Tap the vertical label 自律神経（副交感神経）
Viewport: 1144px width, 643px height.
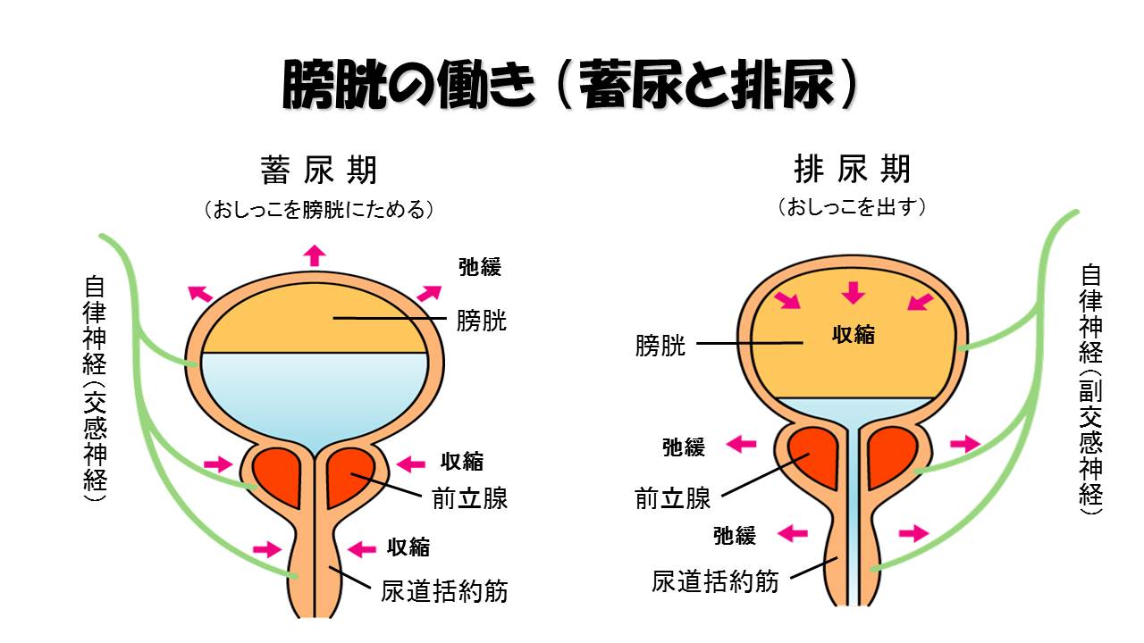[1090, 388]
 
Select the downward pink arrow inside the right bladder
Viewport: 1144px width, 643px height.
[854, 292]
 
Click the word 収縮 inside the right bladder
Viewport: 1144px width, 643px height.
[854, 335]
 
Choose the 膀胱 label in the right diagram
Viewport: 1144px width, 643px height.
[660, 347]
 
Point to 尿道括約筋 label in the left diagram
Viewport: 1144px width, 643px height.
[444, 591]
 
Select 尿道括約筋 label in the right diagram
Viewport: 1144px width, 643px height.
[715, 582]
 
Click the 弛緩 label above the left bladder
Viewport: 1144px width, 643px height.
[480, 266]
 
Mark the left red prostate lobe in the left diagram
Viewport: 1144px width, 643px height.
[279, 474]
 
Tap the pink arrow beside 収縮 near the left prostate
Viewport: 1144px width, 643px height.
[411, 463]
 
